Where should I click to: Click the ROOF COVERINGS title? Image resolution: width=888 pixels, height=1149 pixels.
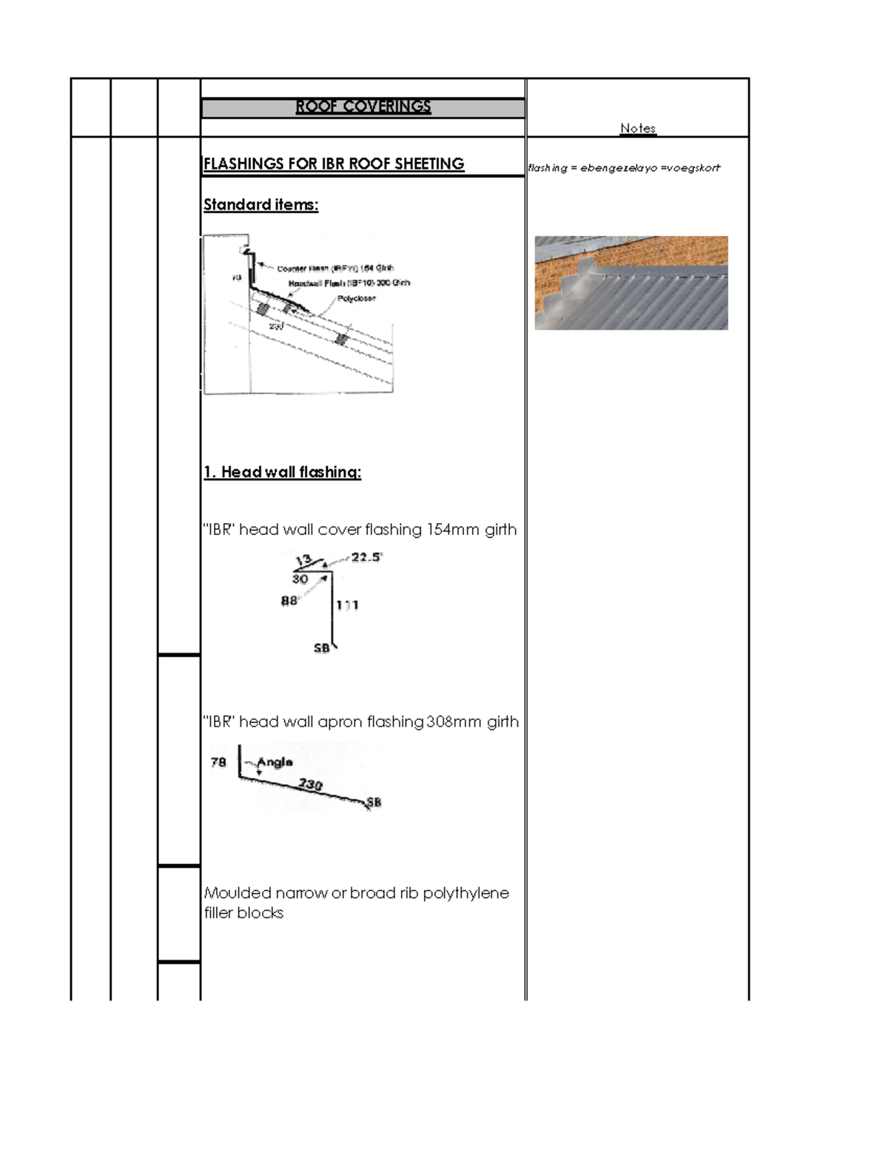coord(363,107)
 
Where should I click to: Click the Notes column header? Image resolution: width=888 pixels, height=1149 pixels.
coord(638,128)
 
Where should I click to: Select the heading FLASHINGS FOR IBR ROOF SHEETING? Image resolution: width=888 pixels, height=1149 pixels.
coord(334,164)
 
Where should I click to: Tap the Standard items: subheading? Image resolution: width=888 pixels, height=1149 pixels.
coord(260,205)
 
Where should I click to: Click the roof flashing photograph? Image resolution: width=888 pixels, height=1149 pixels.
coord(630,283)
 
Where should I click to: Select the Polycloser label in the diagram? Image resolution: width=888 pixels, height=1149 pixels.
coord(357,298)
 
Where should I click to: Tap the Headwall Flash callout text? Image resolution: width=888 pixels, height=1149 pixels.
coord(348,283)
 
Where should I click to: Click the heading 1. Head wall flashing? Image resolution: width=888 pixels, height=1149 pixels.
coord(282,472)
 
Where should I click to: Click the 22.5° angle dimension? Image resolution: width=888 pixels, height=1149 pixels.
coord(367,557)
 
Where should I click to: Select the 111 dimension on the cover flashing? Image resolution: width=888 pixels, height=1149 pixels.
coord(347,605)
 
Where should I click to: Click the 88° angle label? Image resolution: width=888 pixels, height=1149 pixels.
coord(289,601)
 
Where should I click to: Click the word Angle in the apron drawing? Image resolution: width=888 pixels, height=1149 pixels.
coord(275,762)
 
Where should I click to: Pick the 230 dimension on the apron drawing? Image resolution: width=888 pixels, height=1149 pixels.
coord(310,784)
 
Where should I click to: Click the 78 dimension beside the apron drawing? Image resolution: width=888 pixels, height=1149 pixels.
coord(218,762)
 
